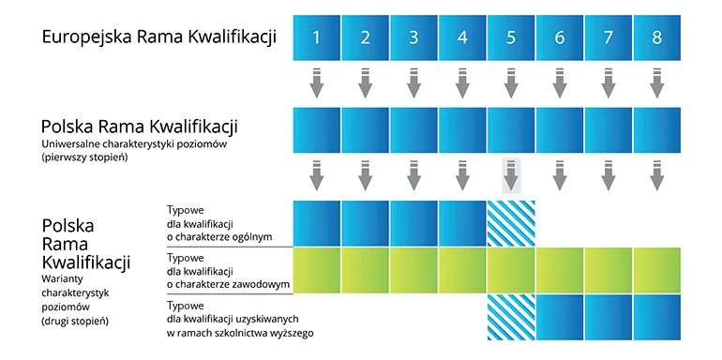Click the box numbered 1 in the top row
click(x=317, y=38)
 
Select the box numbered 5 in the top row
click(x=511, y=38)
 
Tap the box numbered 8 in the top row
click(x=656, y=38)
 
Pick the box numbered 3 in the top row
click(x=414, y=38)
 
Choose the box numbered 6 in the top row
click(x=560, y=38)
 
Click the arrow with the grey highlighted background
click(x=511, y=175)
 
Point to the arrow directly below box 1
click(x=317, y=83)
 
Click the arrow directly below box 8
click(x=656, y=83)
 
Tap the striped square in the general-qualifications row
click(x=511, y=223)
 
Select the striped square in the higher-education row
click(x=511, y=320)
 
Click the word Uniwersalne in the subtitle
click(x=76, y=144)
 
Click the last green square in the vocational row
click(x=656, y=271)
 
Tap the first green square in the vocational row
click(x=317, y=271)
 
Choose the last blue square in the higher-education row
click(x=656, y=320)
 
